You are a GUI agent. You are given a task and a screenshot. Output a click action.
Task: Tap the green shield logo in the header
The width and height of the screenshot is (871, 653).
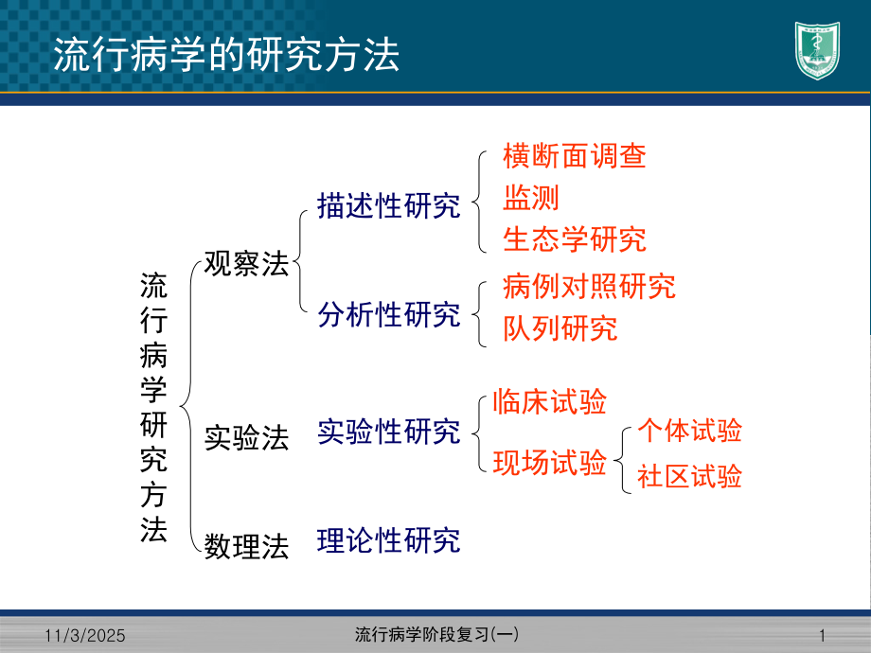(816, 51)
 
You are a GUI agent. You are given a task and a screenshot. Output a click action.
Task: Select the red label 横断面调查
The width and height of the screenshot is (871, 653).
(575, 156)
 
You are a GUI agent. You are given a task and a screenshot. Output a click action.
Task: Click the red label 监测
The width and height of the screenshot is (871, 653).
(531, 197)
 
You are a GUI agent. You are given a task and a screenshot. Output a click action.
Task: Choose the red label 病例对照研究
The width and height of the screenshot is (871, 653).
(589, 286)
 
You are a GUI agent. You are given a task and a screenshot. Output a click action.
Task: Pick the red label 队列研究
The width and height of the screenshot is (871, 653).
(560, 327)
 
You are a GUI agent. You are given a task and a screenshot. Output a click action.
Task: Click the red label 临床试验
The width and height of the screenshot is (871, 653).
(550, 401)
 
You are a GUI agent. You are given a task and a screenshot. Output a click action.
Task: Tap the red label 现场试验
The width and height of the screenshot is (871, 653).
(550, 463)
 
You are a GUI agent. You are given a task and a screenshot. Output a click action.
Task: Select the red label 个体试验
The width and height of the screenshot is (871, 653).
(689, 431)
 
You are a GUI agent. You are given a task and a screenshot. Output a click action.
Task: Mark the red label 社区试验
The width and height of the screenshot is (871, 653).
(689, 475)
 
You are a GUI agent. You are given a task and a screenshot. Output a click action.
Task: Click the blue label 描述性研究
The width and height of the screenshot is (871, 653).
(389, 206)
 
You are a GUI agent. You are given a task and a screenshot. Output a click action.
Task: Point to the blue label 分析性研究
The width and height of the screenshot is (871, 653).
(389, 314)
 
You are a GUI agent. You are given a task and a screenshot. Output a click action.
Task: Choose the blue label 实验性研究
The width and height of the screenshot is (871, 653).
(389, 432)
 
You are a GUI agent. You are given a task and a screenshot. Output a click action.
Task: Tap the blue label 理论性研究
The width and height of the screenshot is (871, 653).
(389, 539)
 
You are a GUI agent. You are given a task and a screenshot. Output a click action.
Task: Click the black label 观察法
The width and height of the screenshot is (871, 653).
(246, 264)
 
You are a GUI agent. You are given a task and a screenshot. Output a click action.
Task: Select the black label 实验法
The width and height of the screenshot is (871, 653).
(246, 437)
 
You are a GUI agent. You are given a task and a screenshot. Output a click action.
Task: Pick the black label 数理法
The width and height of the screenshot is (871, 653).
(246, 547)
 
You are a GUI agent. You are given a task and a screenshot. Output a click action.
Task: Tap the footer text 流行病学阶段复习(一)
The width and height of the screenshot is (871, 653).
(435, 633)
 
